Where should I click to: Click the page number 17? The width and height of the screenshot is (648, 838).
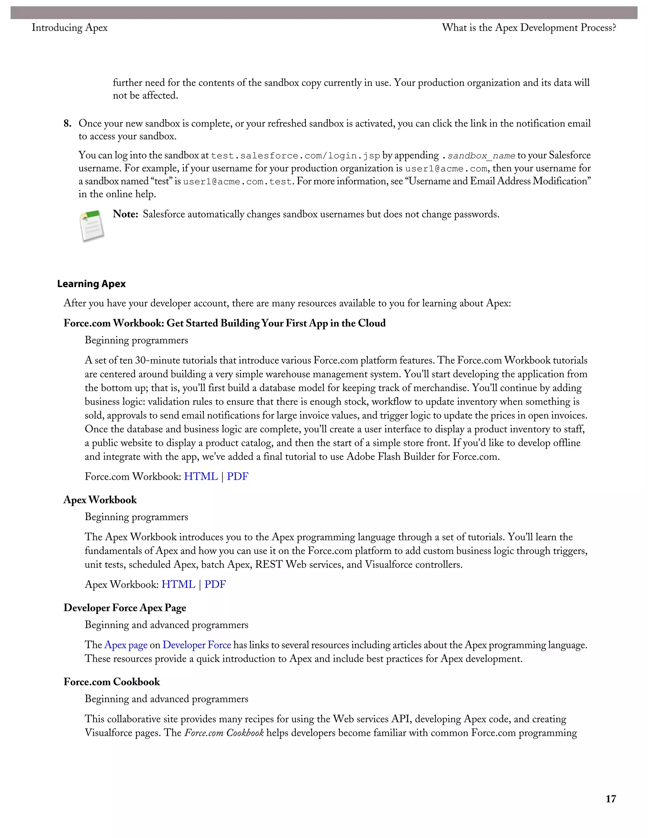pos(610,799)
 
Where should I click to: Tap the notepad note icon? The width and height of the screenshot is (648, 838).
pos(92,226)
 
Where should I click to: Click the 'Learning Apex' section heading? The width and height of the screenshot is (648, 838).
pos(91,284)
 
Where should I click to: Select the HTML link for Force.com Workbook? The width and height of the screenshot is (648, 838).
pos(201,477)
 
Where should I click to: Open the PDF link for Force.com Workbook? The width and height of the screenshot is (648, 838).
pos(237,477)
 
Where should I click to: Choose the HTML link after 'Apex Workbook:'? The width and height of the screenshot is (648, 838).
pos(178,584)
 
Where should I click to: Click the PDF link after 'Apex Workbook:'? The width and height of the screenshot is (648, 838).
pos(215,584)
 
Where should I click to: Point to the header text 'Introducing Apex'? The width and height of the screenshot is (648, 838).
pos(70,28)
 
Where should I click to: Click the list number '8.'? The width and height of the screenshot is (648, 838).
pos(68,124)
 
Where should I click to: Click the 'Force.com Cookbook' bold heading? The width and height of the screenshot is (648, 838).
pos(112,682)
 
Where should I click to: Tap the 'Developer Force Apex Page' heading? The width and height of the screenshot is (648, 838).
pos(125,608)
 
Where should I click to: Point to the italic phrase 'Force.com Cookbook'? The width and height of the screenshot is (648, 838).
pos(224,733)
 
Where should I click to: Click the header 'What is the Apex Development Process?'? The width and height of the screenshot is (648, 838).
pos(529,28)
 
